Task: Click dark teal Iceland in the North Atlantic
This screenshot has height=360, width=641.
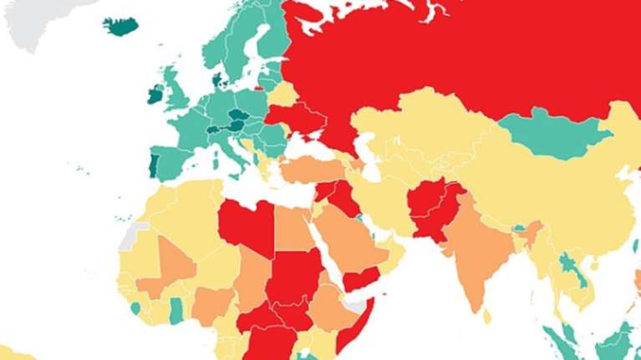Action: [x=121, y=26]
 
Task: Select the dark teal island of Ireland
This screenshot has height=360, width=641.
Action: [x=155, y=94]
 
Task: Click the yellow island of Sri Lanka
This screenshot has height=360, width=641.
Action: [x=487, y=315]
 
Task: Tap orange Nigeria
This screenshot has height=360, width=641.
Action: [x=212, y=306]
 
